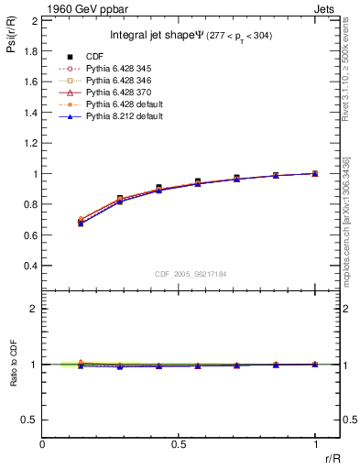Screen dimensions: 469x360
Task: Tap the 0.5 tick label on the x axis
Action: (x=179, y=444)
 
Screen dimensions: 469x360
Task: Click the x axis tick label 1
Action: (x=315, y=444)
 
